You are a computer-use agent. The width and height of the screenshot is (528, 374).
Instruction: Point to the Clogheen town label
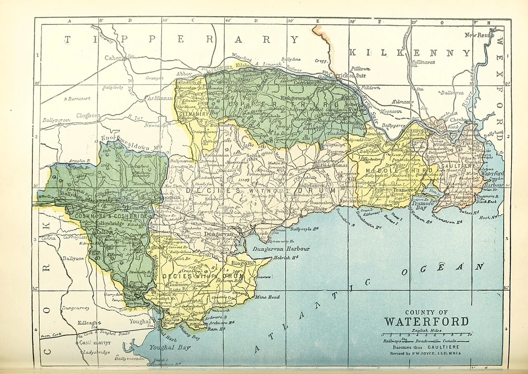(88, 116)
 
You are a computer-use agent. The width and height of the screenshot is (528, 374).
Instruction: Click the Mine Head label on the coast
(267, 297)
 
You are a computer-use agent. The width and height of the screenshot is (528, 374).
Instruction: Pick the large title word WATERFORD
(426, 322)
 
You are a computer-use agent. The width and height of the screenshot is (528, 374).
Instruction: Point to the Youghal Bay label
(170, 347)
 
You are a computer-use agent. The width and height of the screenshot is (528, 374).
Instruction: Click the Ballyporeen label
(56, 120)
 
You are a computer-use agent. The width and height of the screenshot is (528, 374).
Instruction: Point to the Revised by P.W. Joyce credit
(426, 353)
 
